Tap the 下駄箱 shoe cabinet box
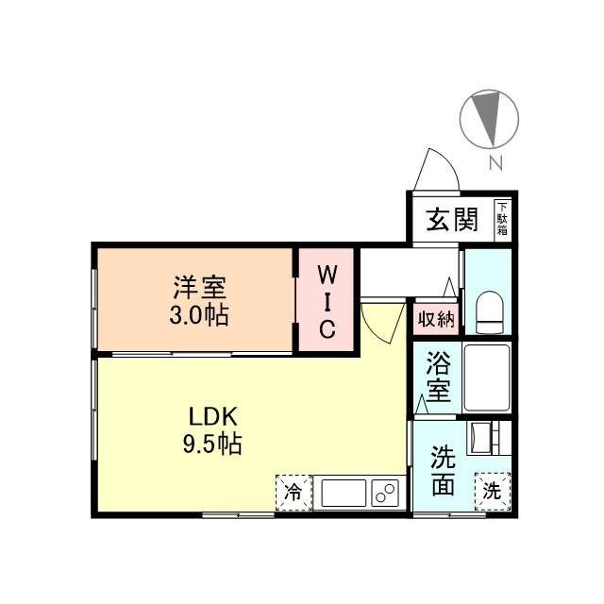[502, 219]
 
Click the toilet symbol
[490, 311]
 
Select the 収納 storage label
[436, 319]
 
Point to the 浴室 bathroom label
[436, 375]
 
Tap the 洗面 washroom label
[443, 471]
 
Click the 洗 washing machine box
[493, 491]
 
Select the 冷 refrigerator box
[294, 492]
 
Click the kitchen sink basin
[344, 493]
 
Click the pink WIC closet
[326, 300]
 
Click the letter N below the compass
[495, 163]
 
